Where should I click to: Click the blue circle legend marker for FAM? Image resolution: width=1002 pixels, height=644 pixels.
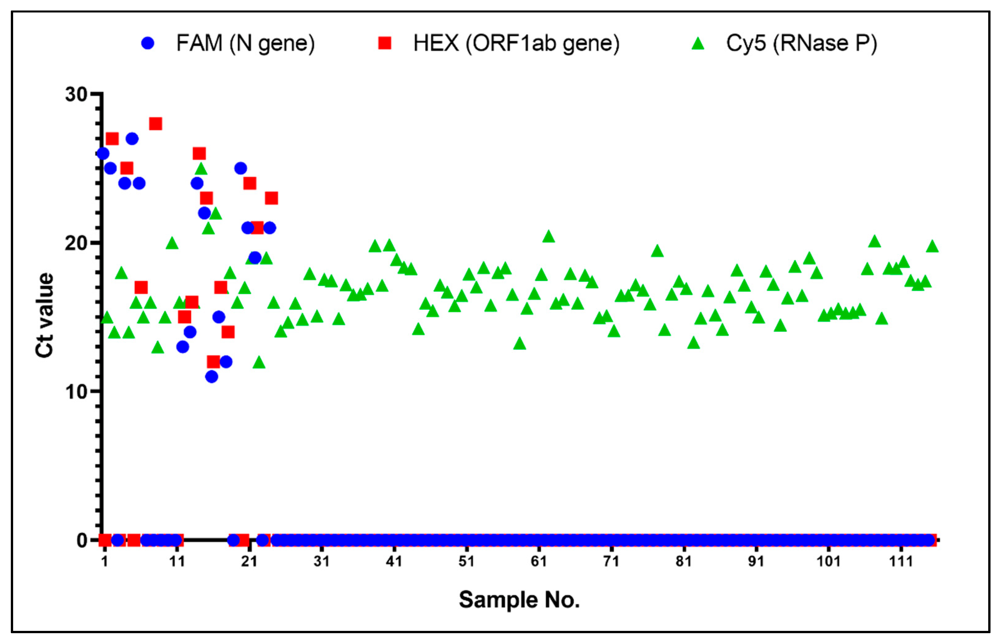tap(148, 43)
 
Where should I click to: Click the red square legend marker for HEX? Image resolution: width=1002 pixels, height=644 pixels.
tap(384, 43)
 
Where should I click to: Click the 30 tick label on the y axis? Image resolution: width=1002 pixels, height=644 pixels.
tap(76, 94)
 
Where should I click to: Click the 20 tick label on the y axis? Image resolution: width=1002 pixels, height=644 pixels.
tap(76, 243)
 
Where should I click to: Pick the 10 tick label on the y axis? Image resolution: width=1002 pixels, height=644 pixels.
tap(76, 392)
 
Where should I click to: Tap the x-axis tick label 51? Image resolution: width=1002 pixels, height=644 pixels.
tap(466, 561)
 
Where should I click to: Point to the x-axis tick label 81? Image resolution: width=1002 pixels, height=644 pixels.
tap(684, 561)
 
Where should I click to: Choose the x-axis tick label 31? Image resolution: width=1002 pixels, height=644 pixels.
tap(321, 561)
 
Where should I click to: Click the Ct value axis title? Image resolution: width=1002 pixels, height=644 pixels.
tap(45, 316)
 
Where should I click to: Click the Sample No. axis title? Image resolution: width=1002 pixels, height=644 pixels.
tap(519, 600)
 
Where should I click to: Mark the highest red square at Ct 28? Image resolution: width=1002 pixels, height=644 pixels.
tap(156, 124)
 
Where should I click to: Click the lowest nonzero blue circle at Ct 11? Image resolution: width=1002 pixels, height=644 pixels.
tap(212, 377)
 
